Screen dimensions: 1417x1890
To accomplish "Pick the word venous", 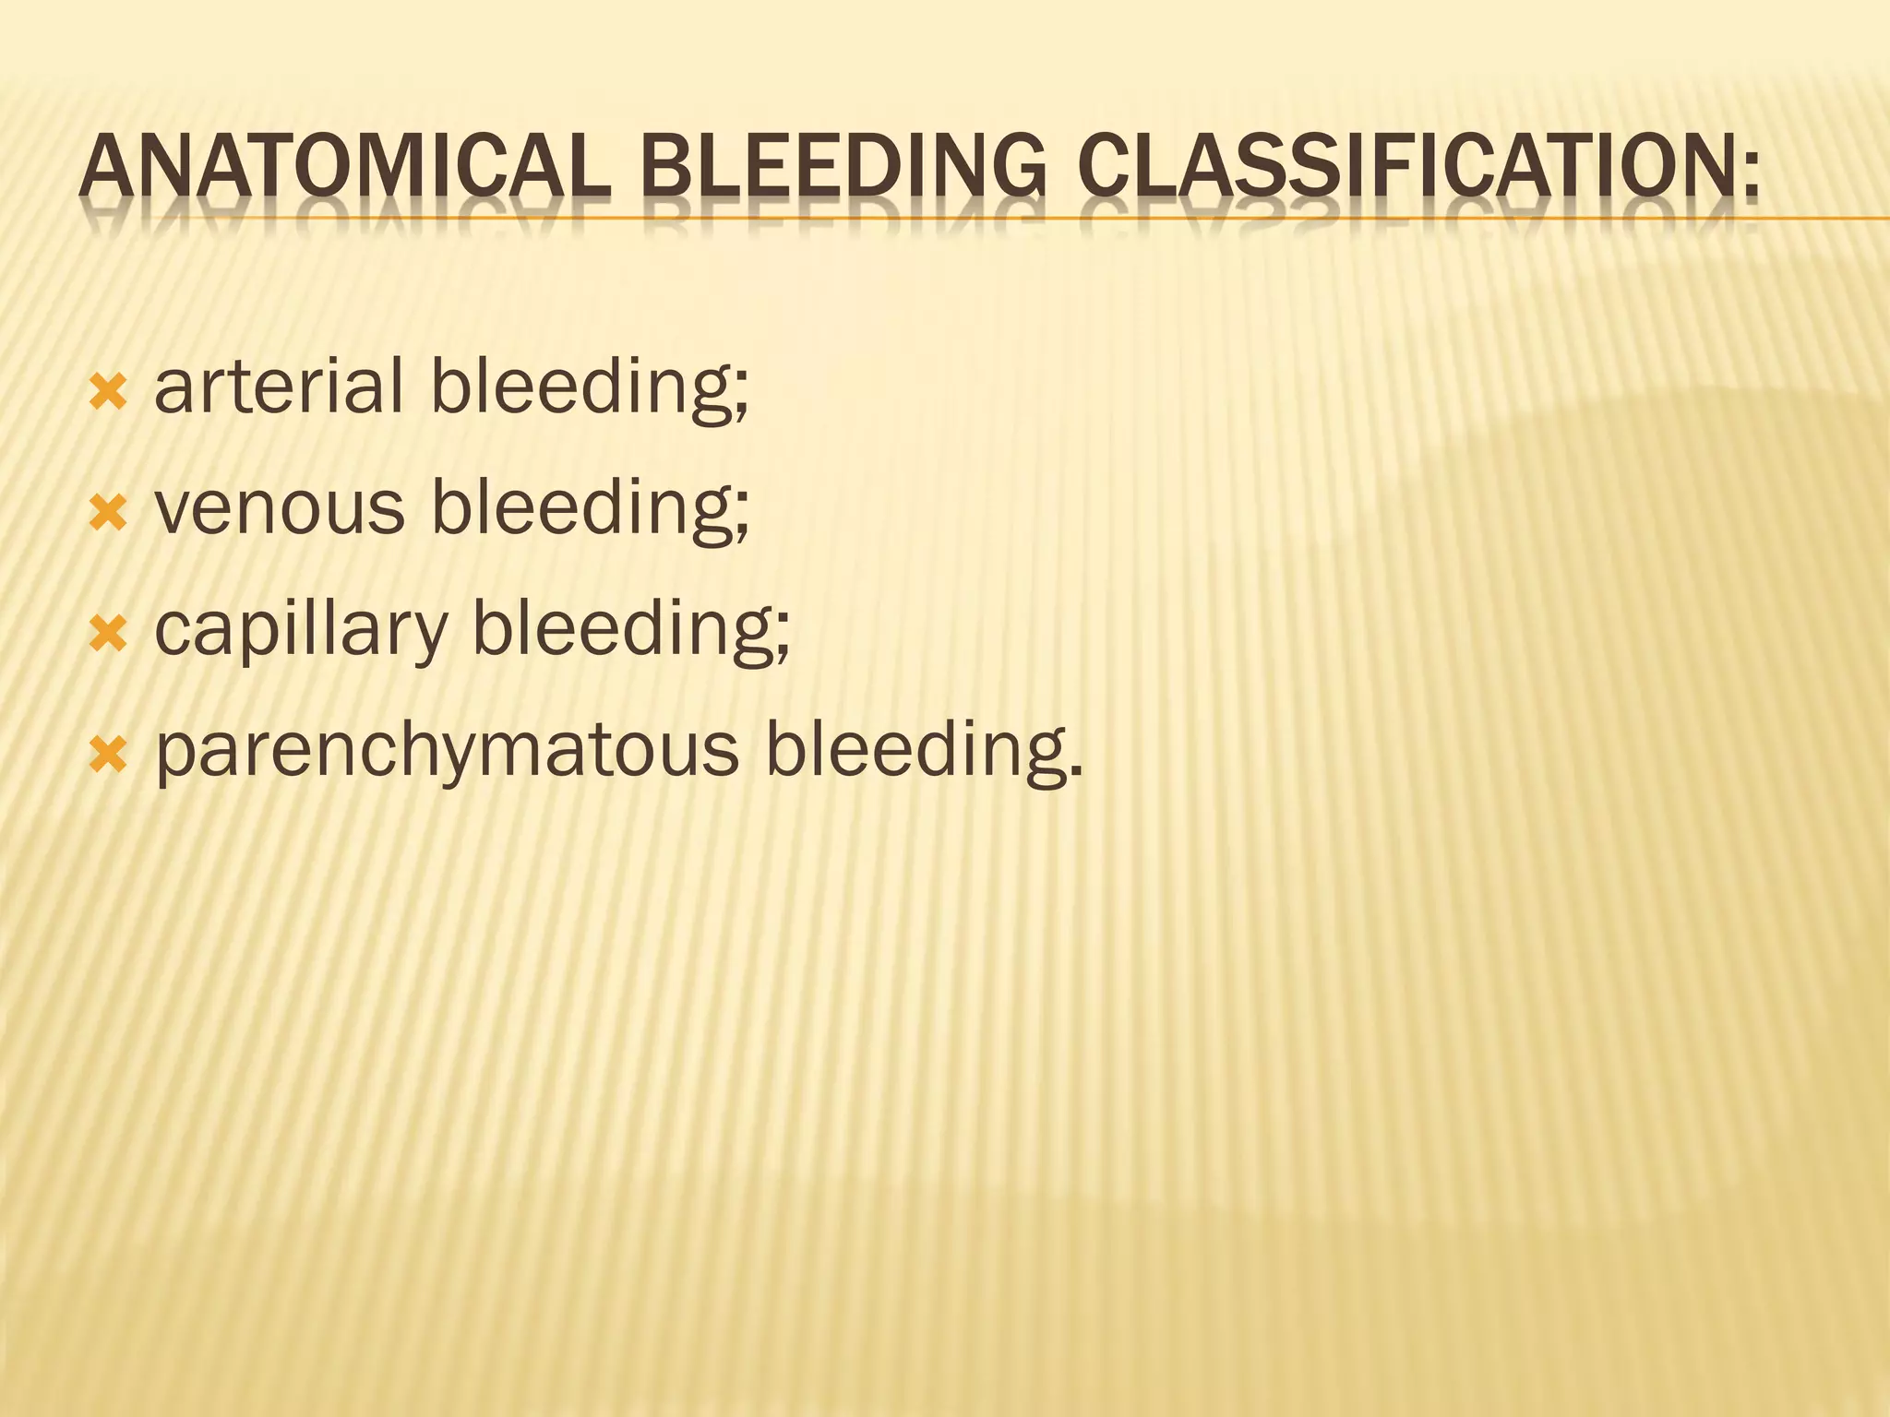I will coord(280,508).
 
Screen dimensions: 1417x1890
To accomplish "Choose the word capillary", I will coord(300,628).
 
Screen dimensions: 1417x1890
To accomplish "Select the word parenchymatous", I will coord(448,751).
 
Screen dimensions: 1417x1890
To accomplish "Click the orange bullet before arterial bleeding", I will coord(108,392).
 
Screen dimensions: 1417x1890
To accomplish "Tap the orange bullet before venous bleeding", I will coord(108,514).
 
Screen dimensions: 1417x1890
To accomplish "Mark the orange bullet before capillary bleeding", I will coord(108,635).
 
